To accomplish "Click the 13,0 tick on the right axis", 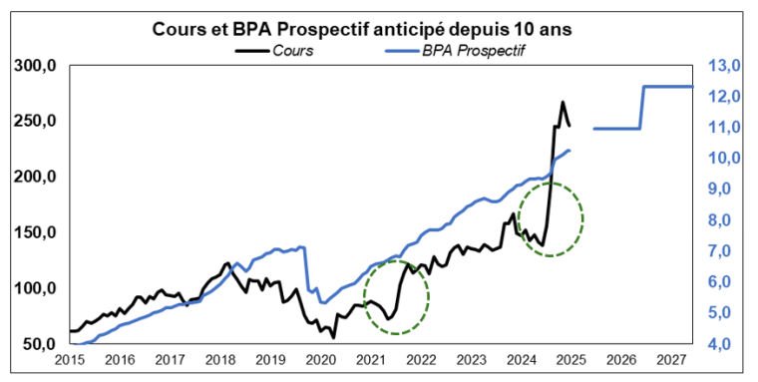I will coord(723,66).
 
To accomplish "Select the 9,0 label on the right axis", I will coord(723,190).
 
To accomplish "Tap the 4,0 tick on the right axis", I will coord(723,344).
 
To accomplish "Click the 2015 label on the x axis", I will coord(70,361).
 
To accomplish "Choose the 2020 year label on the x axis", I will coord(320,361).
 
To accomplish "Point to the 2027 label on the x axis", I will coord(671,361).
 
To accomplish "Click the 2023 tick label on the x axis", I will coord(471,361).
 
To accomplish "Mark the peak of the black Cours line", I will coord(563,102).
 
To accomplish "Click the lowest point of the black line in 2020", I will coord(333,338).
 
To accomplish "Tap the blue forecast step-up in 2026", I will coord(641,107).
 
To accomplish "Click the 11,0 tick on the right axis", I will coord(723,128).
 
